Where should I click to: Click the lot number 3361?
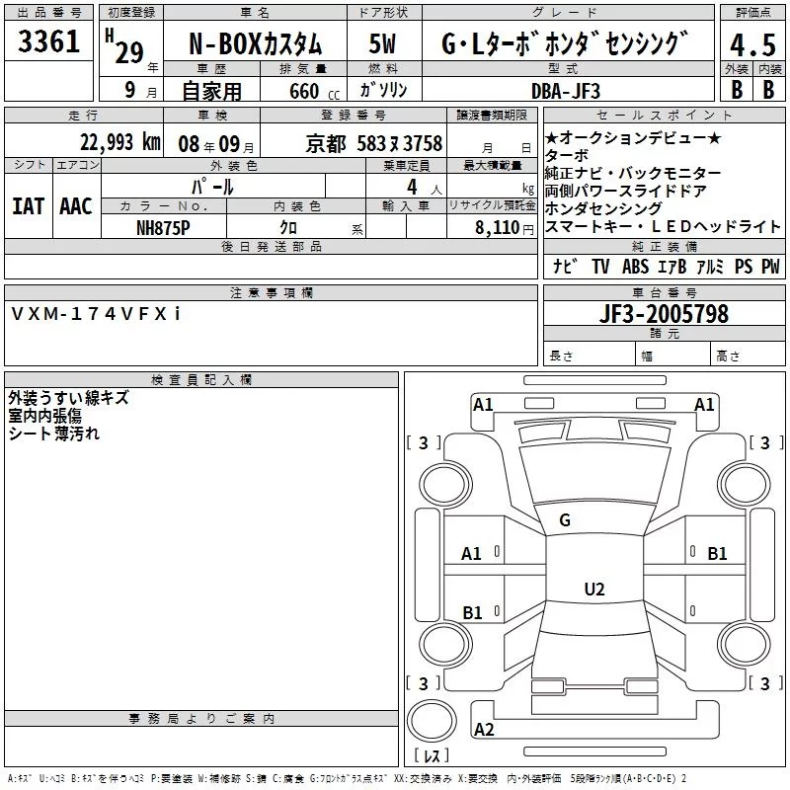point(49,42)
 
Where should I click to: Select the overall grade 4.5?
point(750,44)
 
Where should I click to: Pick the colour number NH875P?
point(163,226)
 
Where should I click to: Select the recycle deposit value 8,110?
point(494,226)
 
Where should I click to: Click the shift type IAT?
point(28,205)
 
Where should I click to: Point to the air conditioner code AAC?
point(75,205)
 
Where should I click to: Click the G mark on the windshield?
point(564,520)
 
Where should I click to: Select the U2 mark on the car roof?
point(593,590)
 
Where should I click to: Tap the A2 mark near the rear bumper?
point(484,730)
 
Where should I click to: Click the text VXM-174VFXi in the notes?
point(96,313)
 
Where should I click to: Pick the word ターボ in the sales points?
point(567,156)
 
